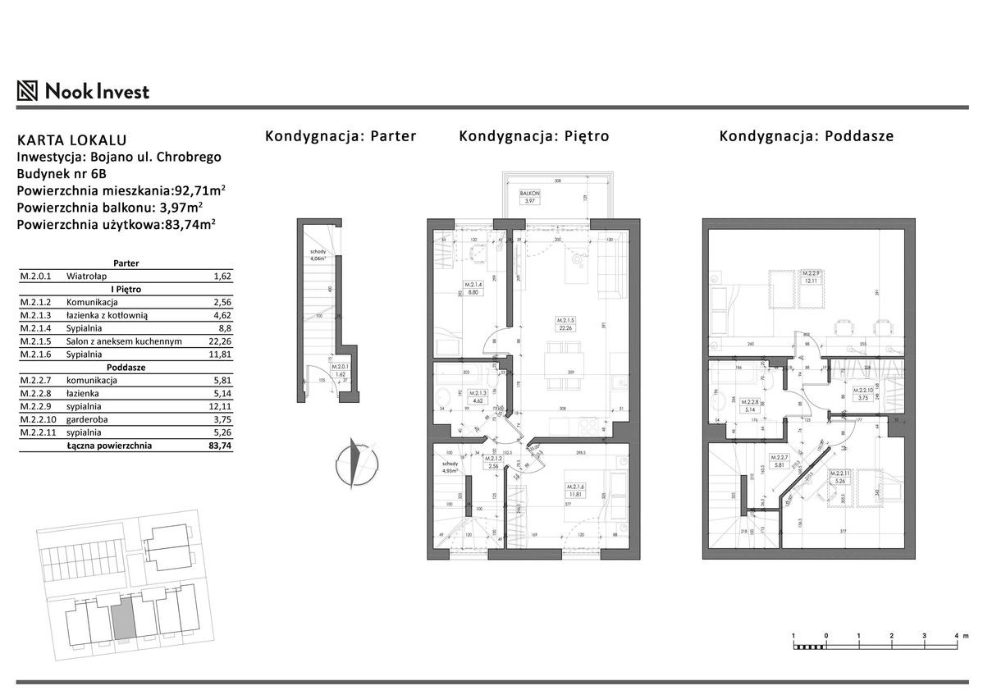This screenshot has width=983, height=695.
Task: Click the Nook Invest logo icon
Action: click(x=28, y=90)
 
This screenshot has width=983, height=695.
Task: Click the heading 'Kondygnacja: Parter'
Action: click(x=340, y=136)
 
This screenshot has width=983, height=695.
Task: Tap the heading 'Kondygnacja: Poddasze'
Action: click(x=806, y=136)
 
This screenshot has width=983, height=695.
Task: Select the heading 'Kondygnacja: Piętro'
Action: click(x=533, y=136)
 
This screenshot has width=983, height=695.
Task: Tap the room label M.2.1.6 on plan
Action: click(x=574, y=491)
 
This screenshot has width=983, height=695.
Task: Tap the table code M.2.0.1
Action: click(x=34, y=277)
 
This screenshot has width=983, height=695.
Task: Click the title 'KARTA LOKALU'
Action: click(x=71, y=140)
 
